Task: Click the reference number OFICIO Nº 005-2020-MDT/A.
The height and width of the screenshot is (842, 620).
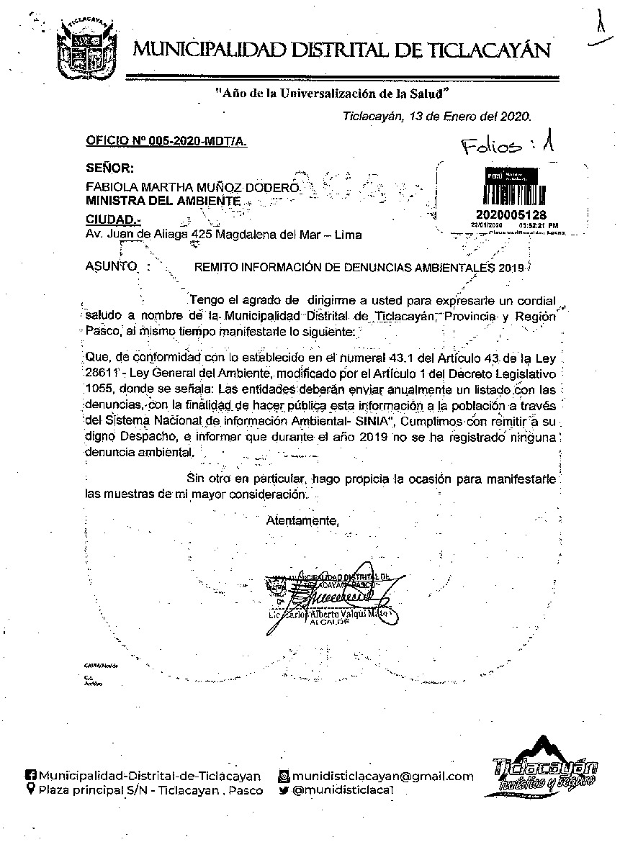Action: pos(166,142)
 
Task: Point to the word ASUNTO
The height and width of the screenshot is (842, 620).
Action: pos(111,266)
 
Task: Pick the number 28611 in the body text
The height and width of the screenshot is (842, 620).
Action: pos(102,374)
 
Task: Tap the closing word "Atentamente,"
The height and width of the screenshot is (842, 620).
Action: pos(302,520)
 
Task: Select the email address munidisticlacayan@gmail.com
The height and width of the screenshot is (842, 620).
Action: pos(383,776)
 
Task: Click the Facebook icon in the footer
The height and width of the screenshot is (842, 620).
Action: pos(30,776)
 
